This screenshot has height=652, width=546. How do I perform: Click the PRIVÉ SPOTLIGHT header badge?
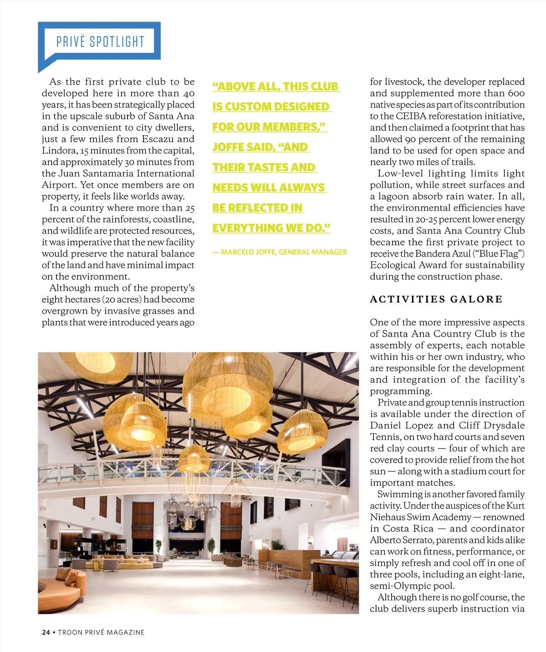coord(100,42)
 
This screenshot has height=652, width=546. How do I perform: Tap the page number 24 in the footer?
coord(46,632)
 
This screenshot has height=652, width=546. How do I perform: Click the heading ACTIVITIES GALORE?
coord(436,299)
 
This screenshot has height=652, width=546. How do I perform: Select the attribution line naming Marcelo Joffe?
coord(280,252)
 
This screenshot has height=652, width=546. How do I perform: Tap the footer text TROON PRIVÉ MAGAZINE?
coord(101,632)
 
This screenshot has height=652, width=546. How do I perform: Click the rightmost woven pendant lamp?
coord(302,428)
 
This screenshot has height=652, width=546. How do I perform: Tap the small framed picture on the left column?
coord(54,544)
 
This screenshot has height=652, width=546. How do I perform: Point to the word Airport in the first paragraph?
coord(57,185)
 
